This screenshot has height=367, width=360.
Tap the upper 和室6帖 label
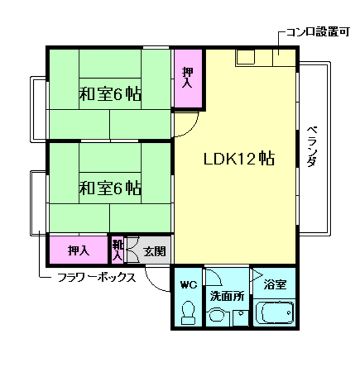pos(110,94)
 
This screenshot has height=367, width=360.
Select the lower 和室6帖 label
pos(110,187)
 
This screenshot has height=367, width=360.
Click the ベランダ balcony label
pos(311,146)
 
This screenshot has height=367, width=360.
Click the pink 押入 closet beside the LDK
pos(188,79)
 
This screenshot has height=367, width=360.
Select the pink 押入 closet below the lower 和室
pos(79,250)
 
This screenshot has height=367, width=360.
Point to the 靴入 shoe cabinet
pos(117,249)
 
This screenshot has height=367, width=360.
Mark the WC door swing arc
pos(215,279)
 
